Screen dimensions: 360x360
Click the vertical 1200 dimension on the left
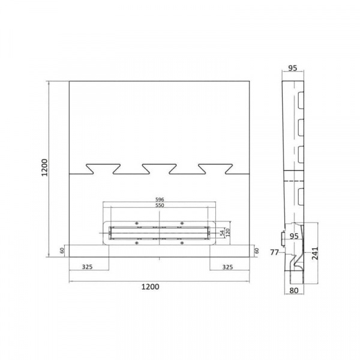[44, 167]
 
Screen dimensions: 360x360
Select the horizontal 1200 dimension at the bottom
[150, 287]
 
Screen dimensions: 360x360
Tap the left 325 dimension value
[87, 267]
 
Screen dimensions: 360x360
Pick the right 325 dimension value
[227, 267]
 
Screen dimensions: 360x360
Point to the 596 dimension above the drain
[160, 199]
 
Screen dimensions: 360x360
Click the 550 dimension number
[160, 205]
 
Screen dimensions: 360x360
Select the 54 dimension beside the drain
[222, 233]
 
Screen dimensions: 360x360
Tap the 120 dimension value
[227, 233]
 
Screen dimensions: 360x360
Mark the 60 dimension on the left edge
[62, 251]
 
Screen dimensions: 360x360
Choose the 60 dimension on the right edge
[257, 251]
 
